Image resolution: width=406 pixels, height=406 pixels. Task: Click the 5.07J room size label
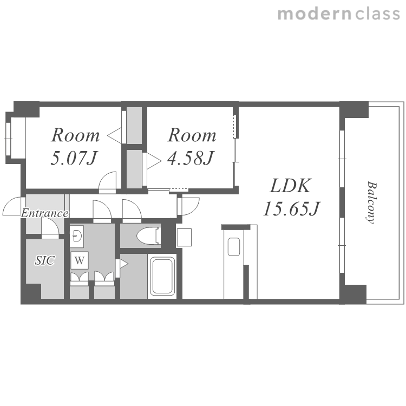pyautogui.click(x=74, y=158)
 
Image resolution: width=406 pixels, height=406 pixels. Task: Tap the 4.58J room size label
pyautogui.click(x=191, y=158)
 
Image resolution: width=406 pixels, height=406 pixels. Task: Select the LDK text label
pyautogui.click(x=290, y=186)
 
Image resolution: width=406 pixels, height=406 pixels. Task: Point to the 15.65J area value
pyautogui.click(x=292, y=208)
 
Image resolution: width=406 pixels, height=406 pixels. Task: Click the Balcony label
pyautogui.click(x=371, y=202)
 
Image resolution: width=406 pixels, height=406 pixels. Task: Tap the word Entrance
pyautogui.click(x=45, y=213)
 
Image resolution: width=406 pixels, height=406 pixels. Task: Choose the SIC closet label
pyautogui.click(x=45, y=260)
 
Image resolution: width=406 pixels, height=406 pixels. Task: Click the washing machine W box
pyautogui.click(x=80, y=260)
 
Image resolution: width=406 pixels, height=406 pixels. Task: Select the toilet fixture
pyautogui.click(x=148, y=235)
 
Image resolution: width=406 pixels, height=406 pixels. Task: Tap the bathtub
pyautogui.click(x=162, y=276)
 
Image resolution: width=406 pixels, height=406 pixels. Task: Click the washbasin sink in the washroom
pyautogui.click(x=77, y=236)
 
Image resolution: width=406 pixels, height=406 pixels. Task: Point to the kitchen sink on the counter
pyautogui.click(x=233, y=247)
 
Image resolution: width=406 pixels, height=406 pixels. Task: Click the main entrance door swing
pyautogui.click(x=12, y=206)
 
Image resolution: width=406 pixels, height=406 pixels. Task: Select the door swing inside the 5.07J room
pyautogui.click(x=108, y=182)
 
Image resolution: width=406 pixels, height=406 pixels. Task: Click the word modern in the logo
pyautogui.click(x=315, y=14)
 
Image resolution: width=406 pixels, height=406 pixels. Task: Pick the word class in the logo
pyautogui.click(x=377, y=14)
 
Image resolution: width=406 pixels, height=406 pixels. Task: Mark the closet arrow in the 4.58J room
pyautogui.click(x=154, y=161)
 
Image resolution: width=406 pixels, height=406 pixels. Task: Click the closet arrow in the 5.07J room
pyautogui.click(x=115, y=135)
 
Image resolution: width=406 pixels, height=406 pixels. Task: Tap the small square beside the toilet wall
pyautogui.click(x=184, y=237)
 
